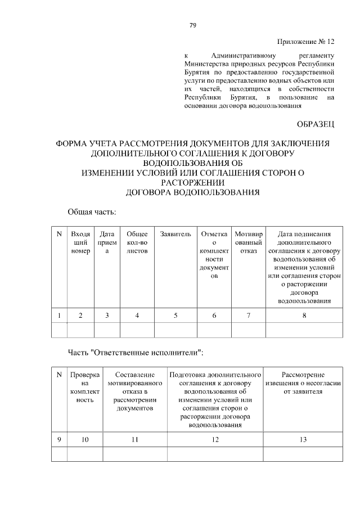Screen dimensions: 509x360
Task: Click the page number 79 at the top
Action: (x=192, y=25)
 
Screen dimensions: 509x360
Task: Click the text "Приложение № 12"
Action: (x=306, y=42)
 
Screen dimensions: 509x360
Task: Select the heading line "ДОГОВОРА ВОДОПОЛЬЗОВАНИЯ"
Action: (x=192, y=192)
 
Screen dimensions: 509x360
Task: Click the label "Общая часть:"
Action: (x=92, y=212)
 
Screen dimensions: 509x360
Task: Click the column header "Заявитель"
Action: (x=175, y=234)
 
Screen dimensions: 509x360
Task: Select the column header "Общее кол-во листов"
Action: (x=137, y=242)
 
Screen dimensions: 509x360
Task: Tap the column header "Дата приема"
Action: (x=107, y=242)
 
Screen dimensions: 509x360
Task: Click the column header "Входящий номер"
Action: (x=81, y=242)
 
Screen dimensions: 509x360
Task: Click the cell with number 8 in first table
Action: (x=304, y=316)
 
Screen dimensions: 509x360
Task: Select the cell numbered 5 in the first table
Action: (x=175, y=316)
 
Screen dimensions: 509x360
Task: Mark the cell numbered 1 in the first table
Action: (x=59, y=316)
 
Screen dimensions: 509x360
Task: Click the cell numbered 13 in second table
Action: (x=303, y=440)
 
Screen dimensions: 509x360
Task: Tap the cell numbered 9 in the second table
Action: (x=59, y=440)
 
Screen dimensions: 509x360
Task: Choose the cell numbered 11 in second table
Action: (x=135, y=440)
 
